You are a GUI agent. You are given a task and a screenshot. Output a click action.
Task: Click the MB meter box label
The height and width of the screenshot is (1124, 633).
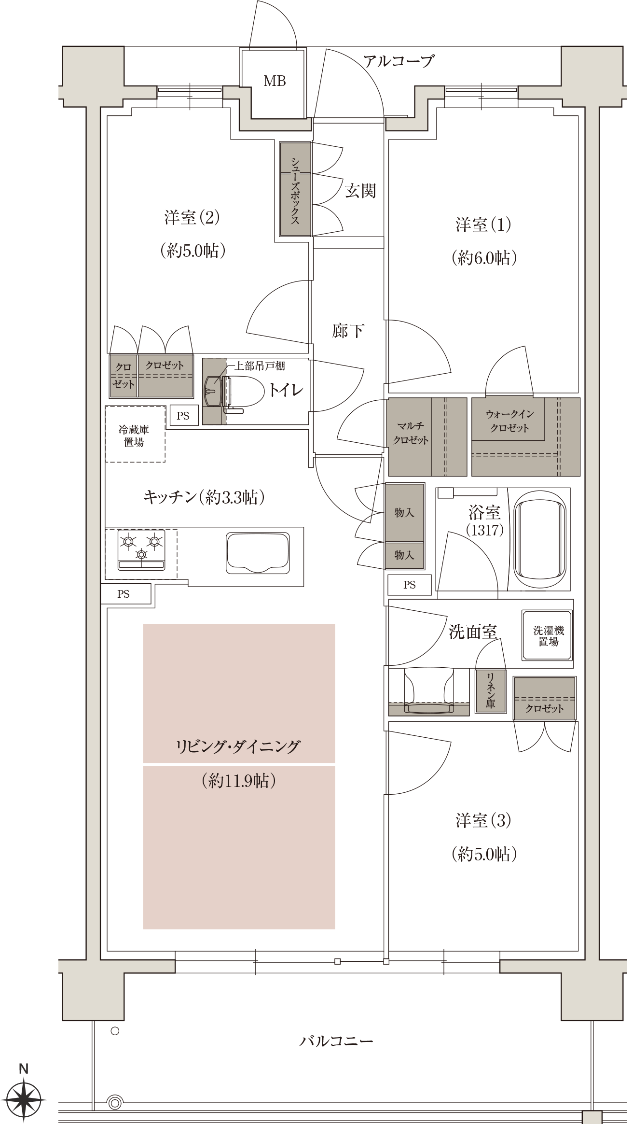click(x=275, y=81)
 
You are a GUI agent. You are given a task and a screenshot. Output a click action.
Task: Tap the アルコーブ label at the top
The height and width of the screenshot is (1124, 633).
click(x=399, y=61)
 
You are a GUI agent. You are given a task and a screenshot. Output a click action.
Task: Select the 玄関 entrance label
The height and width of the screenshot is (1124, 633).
click(x=360, y=191)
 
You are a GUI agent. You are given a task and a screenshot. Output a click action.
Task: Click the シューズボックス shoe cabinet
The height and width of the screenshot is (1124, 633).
click(x=295, y=189)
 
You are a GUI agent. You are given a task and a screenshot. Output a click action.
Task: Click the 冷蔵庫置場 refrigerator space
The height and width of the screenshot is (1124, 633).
click(x=135, y=435)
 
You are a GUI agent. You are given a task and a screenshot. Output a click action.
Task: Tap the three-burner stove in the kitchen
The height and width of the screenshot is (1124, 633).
click(x=141, y=550)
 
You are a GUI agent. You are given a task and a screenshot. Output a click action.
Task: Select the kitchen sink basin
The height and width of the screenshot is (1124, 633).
click(x=258, y=553)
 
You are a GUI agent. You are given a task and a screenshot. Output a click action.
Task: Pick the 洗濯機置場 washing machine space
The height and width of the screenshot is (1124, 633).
click(x=548, y=635)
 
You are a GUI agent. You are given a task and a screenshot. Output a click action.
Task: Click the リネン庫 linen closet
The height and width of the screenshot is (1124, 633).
click(x=491, y=691)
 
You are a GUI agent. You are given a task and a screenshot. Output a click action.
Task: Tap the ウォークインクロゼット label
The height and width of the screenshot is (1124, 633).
click(x=509, y=421)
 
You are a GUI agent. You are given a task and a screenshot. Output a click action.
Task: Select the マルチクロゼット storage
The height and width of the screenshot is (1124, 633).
click(x=427, y=437)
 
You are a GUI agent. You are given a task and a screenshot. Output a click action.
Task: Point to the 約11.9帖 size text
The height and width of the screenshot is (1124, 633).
click(x=239, y=781)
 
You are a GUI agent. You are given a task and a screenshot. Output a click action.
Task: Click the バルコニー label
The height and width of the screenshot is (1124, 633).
click(x=336, y=1041)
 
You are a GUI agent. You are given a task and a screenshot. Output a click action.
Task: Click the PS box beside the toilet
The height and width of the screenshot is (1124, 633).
click(x=184, y=415)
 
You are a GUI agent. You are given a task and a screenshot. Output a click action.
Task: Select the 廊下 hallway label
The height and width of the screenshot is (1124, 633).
click(x=348, y=331)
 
